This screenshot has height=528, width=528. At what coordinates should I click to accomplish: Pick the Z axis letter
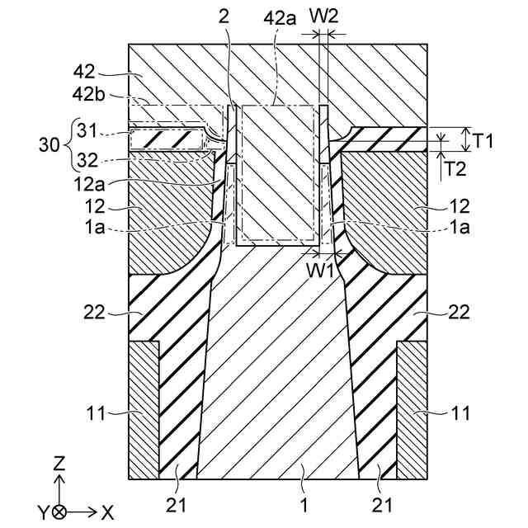59,464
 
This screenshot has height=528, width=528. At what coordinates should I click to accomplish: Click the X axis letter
106,512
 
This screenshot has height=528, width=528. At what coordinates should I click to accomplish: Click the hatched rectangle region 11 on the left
144,408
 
